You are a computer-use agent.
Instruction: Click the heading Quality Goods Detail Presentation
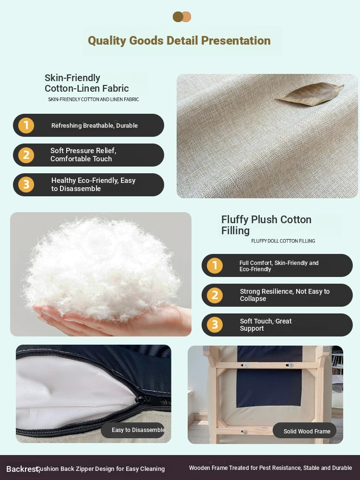pyautogui.click(x=179, y=40)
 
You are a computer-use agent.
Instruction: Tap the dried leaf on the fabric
pyautogui.click(x=310, y=94)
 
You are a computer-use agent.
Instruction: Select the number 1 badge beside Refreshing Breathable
pyautogui.click(x=26, y=125)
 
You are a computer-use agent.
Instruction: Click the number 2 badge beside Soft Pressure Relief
pyautogui.click(x=26, y=155)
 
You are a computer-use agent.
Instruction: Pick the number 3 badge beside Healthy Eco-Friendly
pyautogui.click(x=26, y=185)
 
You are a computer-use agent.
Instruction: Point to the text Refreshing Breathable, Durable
pyautogui.click(x=94, y=125)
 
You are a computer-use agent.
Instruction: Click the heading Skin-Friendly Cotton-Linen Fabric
pyautogui.click(x=86, y=83)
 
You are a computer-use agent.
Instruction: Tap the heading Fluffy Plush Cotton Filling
pyautogui.click(x=266, y=225)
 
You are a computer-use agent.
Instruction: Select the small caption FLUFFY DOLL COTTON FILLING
pyautogui.click(x=283, y=241)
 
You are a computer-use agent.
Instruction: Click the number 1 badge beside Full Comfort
pyautogui.click(x=215, y=265)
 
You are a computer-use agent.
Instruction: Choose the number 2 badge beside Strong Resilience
pyautogui.click(x=215, y=295)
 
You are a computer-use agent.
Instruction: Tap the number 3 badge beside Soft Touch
pyautogui.click(x=215, y=325)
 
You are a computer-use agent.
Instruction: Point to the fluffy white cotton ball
pyautogui.click(x=101, y=269)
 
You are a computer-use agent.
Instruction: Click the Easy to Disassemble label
pyautogui.click(x=138, y=430)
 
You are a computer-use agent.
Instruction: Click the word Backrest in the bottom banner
pyautogui.click(x=23, y=469)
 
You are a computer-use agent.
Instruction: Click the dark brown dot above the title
pyautogui.click(x=178, y=17)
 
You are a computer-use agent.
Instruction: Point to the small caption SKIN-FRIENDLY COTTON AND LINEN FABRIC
pyautogui.click(x=94, y=99)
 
